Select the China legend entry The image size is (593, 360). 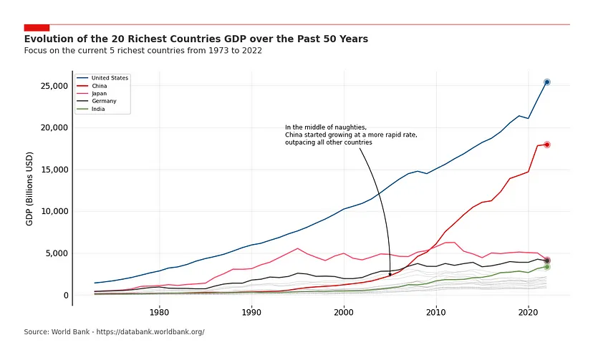(100, 86)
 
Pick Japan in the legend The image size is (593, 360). (100, 94)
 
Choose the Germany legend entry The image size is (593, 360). (103, 102)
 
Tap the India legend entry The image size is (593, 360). (98, 110)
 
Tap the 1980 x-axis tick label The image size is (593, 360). (159, 312)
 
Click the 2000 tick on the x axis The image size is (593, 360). (344, 312)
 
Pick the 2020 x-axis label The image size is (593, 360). (528, 312)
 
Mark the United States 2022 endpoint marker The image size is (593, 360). (546, 82)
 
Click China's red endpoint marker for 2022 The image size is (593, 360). (546, 145)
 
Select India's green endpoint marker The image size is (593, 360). (546, 267)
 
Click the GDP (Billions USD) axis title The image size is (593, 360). (30, 188)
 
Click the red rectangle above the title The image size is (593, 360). (37, 27)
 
